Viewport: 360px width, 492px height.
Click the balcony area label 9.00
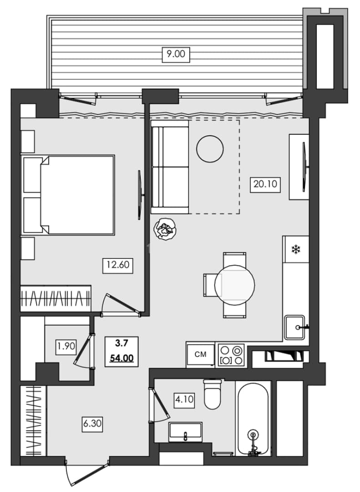(x=176, y=54)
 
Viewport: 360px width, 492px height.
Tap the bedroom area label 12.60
(x=118, y=265)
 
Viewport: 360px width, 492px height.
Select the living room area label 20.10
(x=265, y=184)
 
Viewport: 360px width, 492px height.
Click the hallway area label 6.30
(x=92, y=424)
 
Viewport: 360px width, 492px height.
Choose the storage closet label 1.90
(x=66, y=346)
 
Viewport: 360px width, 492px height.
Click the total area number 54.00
(x=122, y=358)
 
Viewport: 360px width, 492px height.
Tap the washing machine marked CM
(x=200, y=354)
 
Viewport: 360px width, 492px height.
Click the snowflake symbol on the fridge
(x=296, y=250)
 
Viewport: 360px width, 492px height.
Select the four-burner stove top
(x=231, y=355)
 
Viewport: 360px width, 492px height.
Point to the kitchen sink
(x=295, y=328)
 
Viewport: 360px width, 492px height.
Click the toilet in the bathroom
(x=212, y=394)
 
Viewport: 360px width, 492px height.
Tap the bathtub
(x=253, y=419)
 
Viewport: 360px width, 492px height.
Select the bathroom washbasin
(x=185, y=431)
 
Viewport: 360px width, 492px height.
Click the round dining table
(x=234, y=285)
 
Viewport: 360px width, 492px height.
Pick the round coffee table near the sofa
(x=210, y=149)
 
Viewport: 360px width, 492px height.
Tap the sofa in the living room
(x=170, y=167)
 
